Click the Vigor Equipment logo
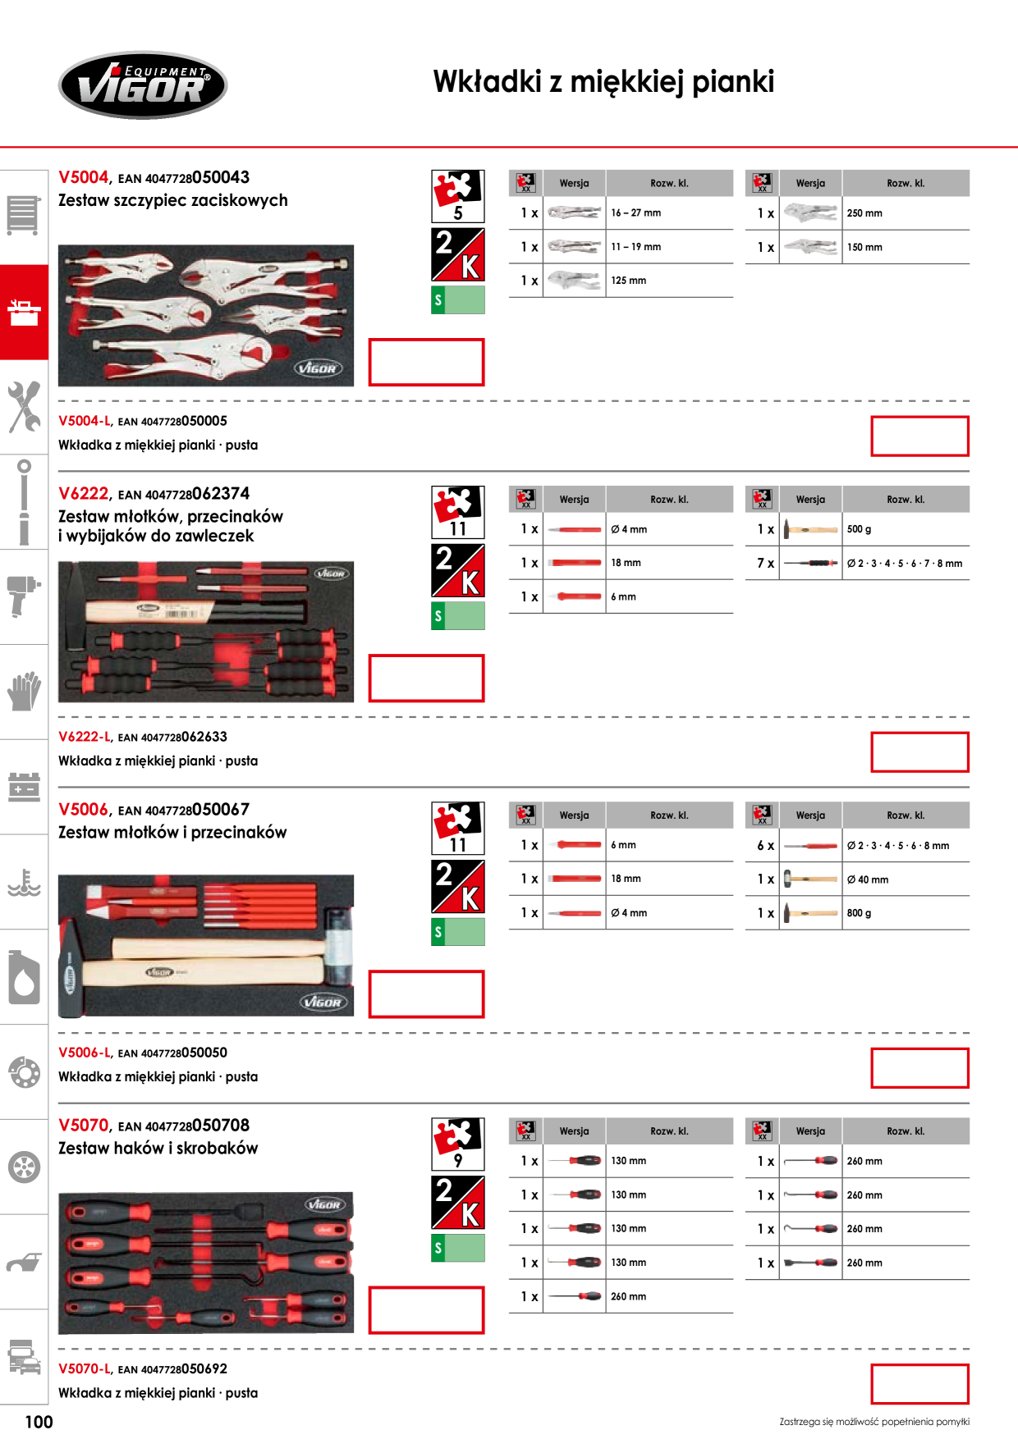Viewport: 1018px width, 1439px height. point(143,85)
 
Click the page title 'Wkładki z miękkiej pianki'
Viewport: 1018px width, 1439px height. point(603,82)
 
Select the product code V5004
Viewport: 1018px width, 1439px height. point(84,177)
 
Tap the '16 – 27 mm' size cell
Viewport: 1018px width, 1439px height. point(636,212)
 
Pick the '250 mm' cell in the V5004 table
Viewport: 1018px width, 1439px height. point(864,213)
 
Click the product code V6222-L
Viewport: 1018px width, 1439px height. point(85,737)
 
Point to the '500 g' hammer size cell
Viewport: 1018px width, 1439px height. point(859,529)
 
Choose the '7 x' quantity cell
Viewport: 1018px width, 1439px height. point(765,563)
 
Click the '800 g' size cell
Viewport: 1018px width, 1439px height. point(859,912)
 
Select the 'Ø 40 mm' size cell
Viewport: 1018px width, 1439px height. point(868,879)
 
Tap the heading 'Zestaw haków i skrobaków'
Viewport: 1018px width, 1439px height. point(158,1148)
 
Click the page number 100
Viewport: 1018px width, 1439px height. point(39,1422)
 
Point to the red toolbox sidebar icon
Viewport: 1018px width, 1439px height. point(24,313)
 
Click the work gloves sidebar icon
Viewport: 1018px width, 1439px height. point(25,691)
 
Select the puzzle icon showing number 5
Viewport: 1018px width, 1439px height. point(458,196)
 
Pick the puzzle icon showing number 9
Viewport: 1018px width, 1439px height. point(458,1144)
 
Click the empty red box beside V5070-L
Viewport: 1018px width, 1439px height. point(919,1384)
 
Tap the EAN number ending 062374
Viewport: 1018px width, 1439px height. point(184,494)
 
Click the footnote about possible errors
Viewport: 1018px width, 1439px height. point(874,1422)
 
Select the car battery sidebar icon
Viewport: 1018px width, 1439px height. point(24,786)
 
